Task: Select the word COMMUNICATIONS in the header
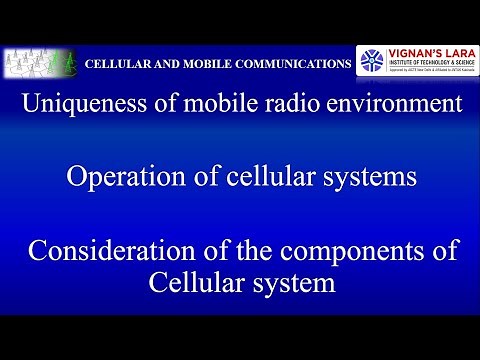click(290, 64)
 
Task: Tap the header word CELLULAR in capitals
click(118, 64)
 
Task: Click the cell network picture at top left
click(40, 63)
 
